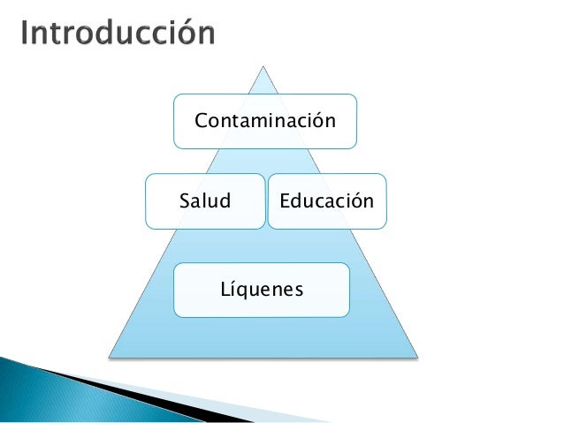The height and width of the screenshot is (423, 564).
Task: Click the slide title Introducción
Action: [x=117, y=34]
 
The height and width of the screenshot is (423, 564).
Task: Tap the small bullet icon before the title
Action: [x=11, y=35]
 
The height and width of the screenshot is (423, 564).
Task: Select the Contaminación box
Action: [x=265, y=120]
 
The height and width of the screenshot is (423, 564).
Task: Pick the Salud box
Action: [x=205, y=201]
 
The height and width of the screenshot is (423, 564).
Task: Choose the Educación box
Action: [x=327, y=201]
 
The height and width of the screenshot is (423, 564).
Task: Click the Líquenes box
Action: [x=261, y=290]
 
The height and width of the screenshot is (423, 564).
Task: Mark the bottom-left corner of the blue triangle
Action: [x=110, y=357]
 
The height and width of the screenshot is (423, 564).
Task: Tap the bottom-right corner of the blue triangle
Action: [x=417, y=357]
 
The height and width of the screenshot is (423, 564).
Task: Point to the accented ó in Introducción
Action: [x=187, y=34]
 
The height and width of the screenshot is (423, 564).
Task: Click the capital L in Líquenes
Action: [x=223, y=289]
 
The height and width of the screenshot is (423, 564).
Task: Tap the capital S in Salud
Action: [x=184, y=201]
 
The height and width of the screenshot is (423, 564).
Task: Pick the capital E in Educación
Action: [x=285, y=201]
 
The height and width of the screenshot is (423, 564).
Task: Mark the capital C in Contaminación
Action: [x=201, y=120]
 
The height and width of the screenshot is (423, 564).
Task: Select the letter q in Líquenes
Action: [x=243, y=291]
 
